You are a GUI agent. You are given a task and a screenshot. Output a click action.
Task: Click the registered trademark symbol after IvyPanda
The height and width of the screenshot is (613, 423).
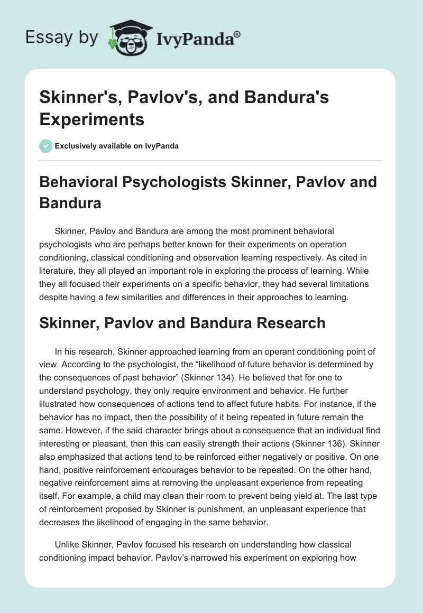pos(237,34)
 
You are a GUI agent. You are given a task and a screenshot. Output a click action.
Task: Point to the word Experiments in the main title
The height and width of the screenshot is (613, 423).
pos(91,119)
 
